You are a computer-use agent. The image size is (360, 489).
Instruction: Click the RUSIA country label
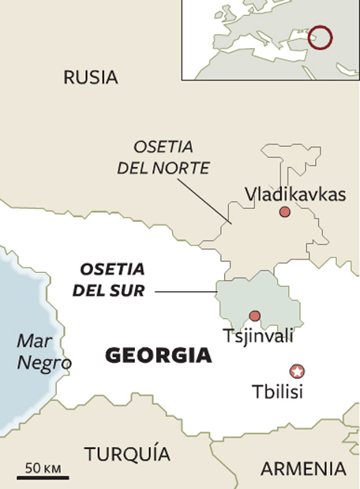(x=91, y=77)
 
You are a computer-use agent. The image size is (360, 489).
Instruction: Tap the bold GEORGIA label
(x=159, y=356)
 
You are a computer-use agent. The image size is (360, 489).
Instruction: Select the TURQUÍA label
(x=127, y=454)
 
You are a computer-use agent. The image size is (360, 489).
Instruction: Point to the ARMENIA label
(x=303, y=468)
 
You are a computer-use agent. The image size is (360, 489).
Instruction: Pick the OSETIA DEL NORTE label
(x=163, y=156)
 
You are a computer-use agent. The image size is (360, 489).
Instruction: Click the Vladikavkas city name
(x=294, y=194)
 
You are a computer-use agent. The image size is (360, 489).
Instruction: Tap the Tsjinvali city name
(x=258, y=336)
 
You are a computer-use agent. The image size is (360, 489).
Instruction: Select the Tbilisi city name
(x=276, y=390)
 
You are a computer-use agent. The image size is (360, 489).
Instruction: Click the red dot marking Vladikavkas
(x=284, y=212)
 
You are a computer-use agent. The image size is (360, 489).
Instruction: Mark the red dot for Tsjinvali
(x=254, y=316)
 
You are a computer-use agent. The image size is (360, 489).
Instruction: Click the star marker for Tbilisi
(x=297, y=371)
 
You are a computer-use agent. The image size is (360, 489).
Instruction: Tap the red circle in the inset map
(x=320, y=36)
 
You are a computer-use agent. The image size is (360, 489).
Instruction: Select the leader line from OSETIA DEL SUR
(x=186, y=292)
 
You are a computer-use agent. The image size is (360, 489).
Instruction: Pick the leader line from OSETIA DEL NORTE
(x=204, y=201)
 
